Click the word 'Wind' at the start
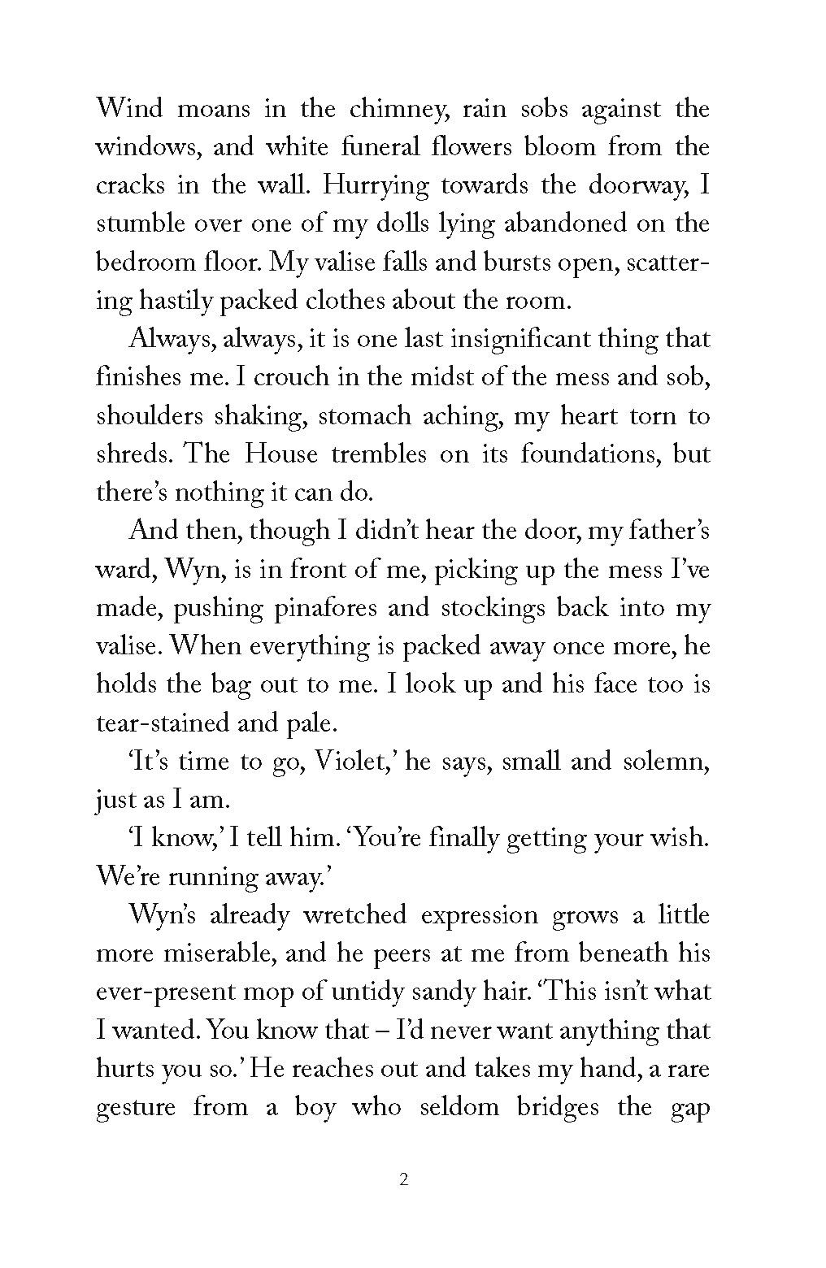129,109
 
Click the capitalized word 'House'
281,454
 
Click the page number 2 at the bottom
404,1180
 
